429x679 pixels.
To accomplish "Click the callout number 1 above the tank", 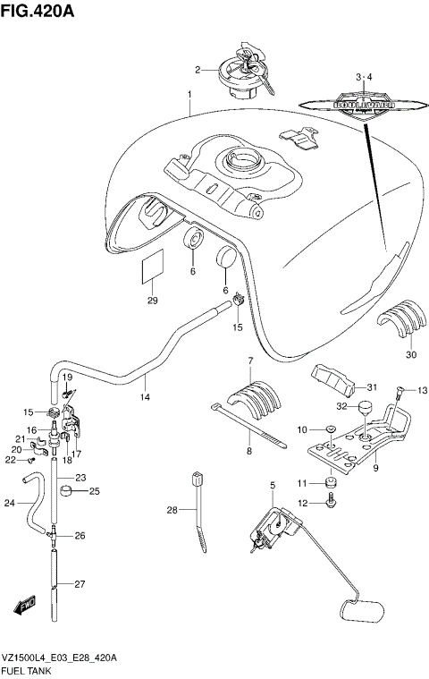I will (189, 95).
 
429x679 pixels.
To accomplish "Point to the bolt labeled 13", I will (400, 391).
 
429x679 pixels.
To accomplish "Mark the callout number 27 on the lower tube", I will (80, 584).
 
